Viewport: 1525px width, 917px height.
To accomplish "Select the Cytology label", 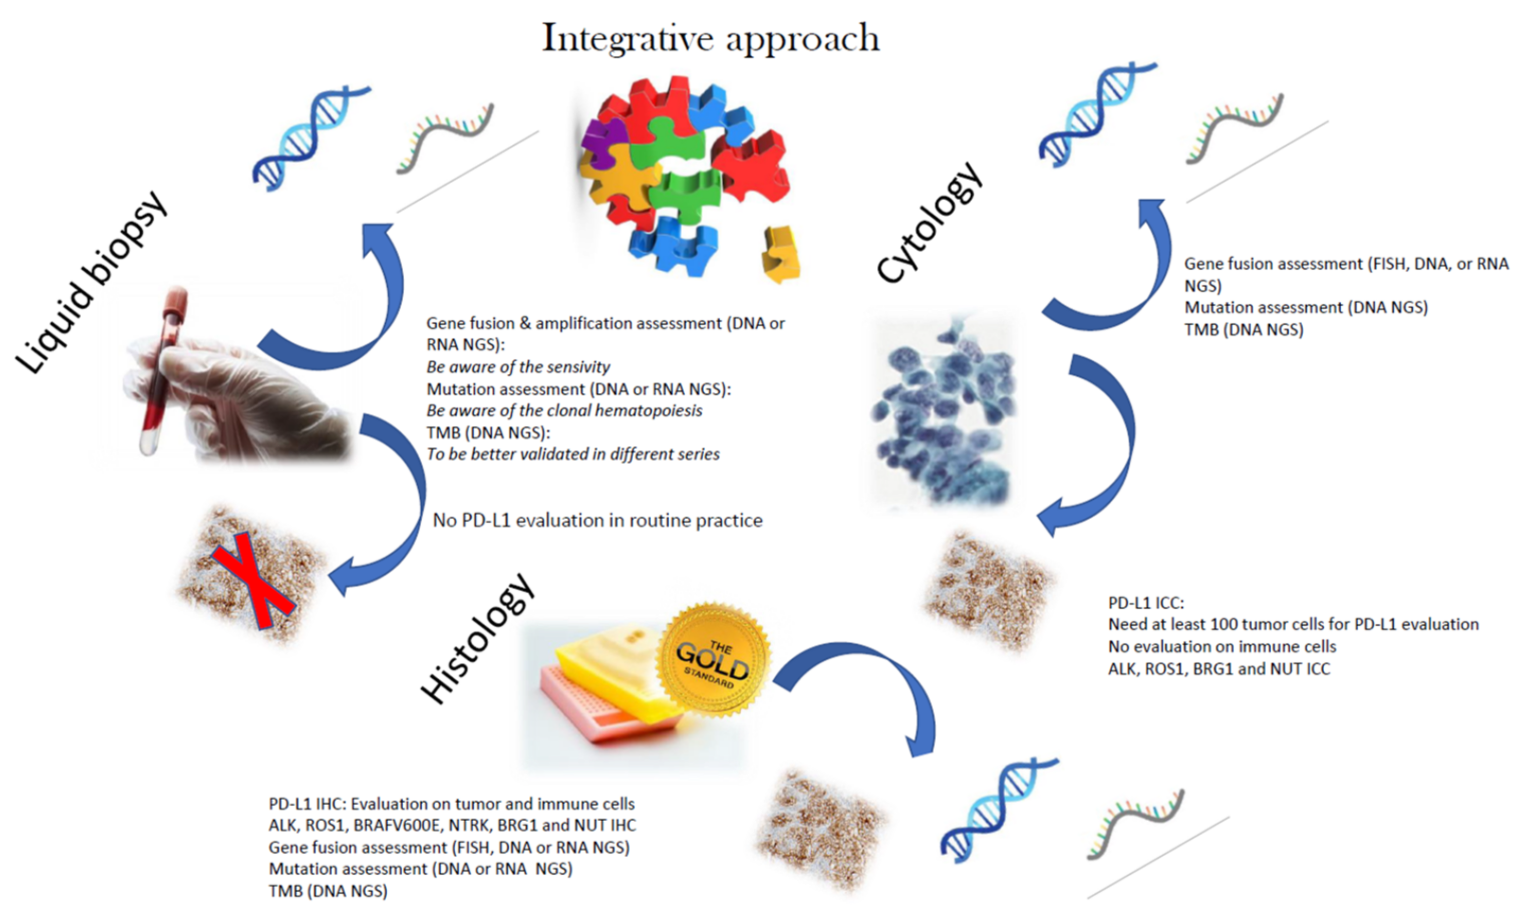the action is [928, 222].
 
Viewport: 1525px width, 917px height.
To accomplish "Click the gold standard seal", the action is [714, 660].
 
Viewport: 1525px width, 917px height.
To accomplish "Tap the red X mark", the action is [253, 581].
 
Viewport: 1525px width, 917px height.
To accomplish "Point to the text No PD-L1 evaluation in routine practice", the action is [597, 520].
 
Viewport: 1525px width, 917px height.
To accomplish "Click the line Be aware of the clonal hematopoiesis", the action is [564, 411].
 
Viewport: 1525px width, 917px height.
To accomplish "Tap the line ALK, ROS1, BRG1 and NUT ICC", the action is [1219, 669].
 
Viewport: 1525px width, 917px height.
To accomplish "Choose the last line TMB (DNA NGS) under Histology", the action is [328, 891].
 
